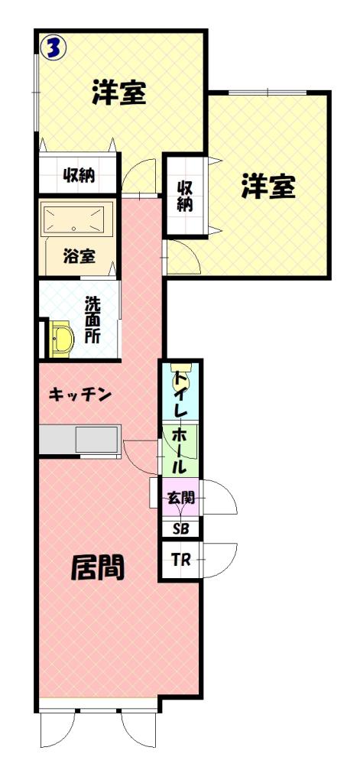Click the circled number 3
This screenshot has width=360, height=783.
tap(54, 48)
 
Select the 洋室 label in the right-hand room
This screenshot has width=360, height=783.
tap(268, 186)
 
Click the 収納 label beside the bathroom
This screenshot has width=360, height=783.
tap(79, 175)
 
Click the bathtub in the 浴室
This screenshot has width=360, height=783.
tap(76, 219)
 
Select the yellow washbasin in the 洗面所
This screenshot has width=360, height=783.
tap(61, 339)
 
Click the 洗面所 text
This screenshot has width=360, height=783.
tap(92, 320)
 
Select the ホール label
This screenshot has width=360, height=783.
tap(180, 450)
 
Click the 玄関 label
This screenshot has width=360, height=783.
tap(180, 497)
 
